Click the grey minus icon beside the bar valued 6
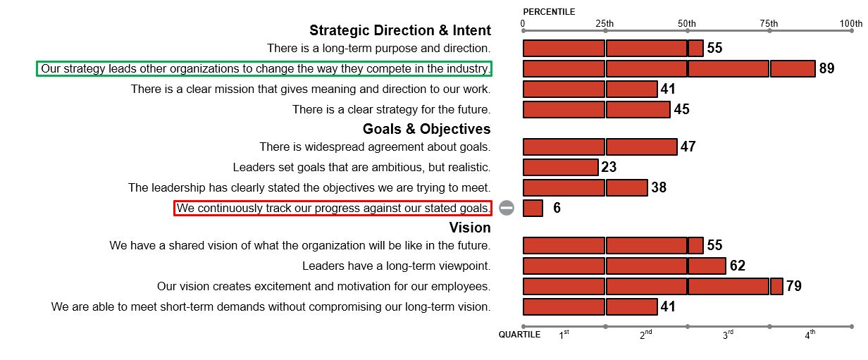tap(507, 208)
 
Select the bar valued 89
tap(669, 68)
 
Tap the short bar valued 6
tap(533, 208)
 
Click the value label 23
tap(609, 167)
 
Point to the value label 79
tap(794, 286)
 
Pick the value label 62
tap(738, 266)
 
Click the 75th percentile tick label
tap(769, 24)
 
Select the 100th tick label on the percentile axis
tap(851, 24)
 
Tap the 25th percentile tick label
tap(604, 24)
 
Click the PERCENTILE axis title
tap(549, 12)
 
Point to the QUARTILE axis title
tap(519, 335)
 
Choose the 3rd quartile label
tap(728, 335)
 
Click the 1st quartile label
tap(564, 335)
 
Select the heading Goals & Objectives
tap(427, 129)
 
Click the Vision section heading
tap(470, 228)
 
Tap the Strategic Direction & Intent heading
tap(400, 30)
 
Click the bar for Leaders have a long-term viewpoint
tap(624, 266)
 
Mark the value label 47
tap(688, 147)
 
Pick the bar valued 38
tap(585, 187)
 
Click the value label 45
tap(681, 109)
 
